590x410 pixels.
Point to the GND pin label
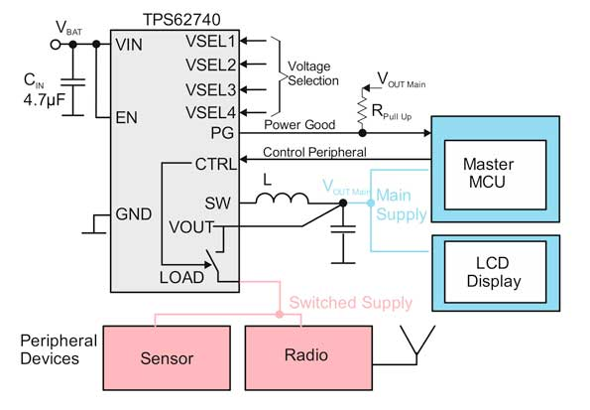[135, 212]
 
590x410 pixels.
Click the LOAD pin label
[183, 278]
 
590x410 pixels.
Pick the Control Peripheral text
[314, 152]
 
